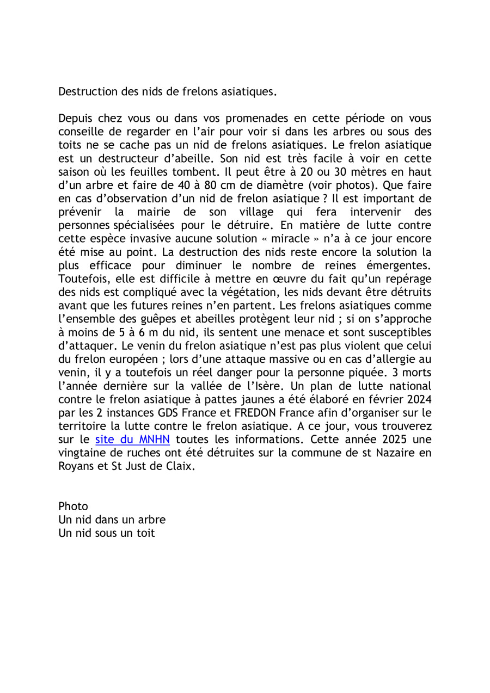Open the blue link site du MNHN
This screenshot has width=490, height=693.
coord(133,439)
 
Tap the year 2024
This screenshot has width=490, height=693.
coord(419,412)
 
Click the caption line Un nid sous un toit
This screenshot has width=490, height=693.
coord(107,533)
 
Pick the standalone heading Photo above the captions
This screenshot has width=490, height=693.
coord(73,506)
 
